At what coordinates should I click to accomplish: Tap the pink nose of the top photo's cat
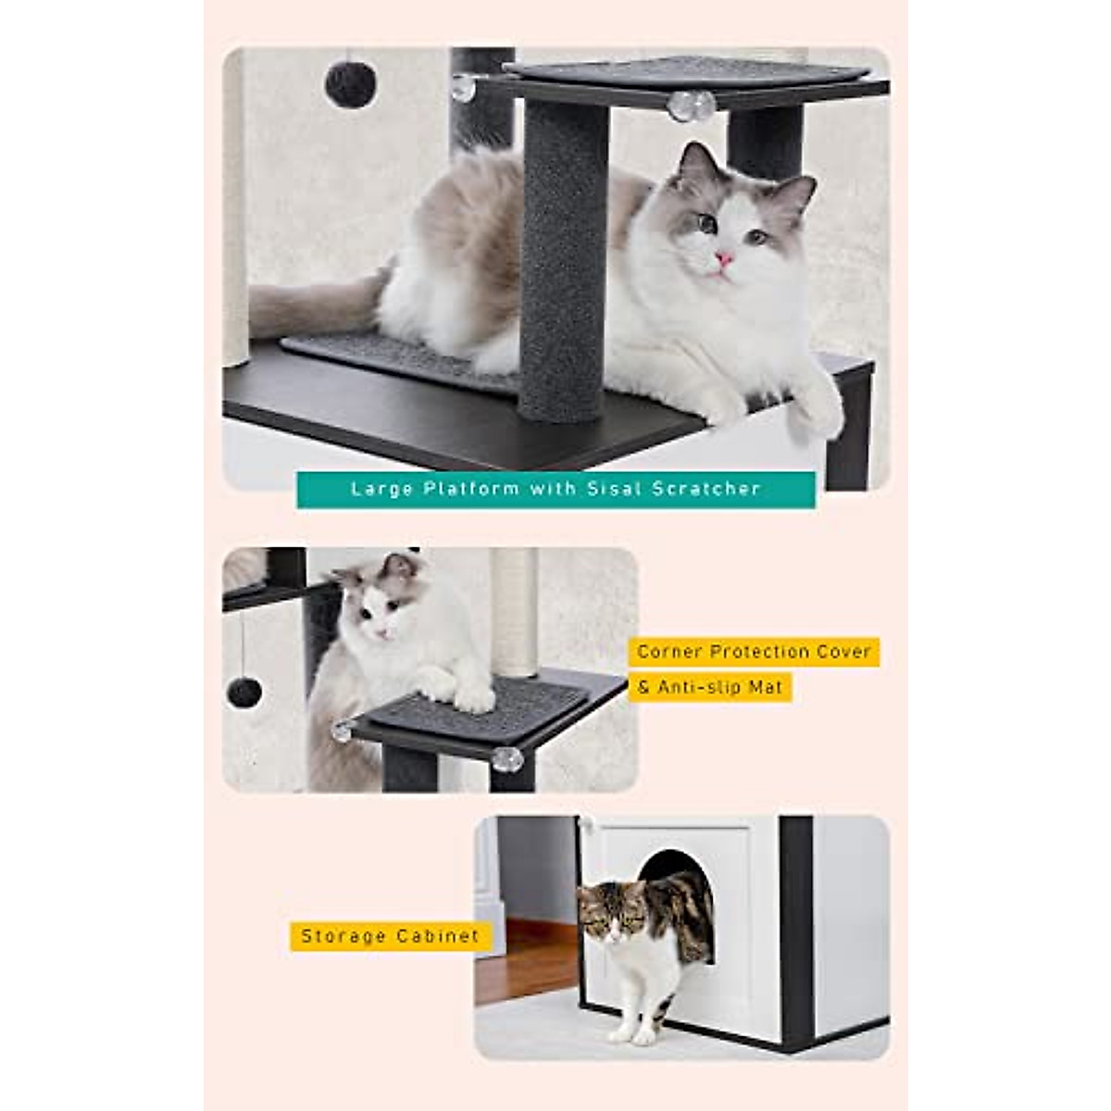pos(721,258)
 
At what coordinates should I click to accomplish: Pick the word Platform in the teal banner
pos(471,489)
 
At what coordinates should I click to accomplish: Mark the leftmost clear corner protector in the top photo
pos(462,89)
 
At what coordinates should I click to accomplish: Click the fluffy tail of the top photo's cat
pos(306,306)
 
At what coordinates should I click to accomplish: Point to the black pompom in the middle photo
pos(243,691)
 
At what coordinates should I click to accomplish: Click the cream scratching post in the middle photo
pos(514,611)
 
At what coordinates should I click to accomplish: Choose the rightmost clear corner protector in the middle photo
pos(506,759)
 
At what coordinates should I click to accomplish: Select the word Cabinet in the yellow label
pos(438,936)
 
